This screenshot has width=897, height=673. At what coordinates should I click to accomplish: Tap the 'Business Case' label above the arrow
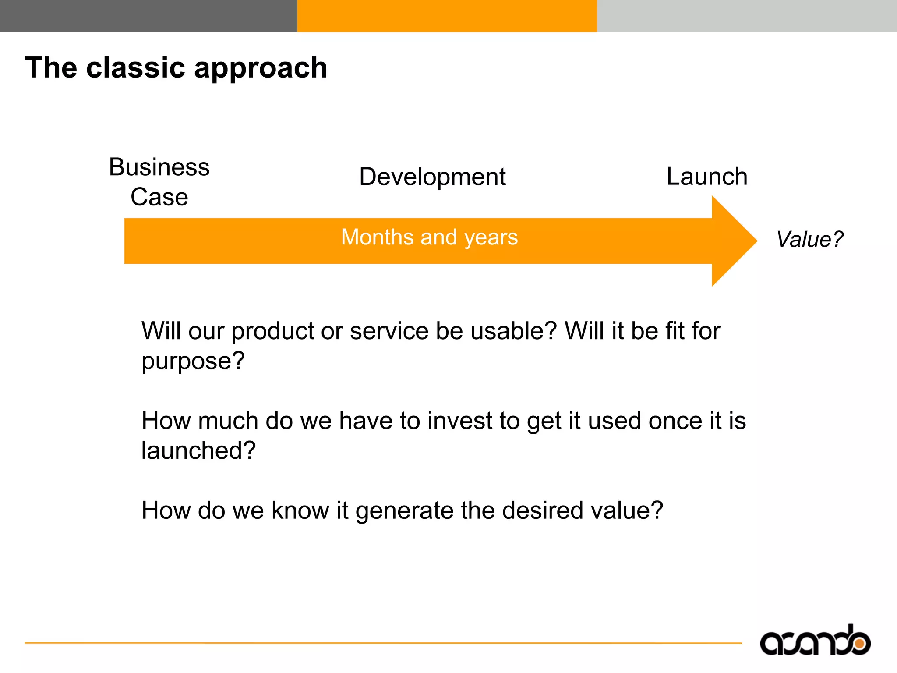[159, 181]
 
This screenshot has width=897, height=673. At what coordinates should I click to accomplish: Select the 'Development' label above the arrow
[432, 177]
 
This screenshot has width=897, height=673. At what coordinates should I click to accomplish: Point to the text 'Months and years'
[429, 237]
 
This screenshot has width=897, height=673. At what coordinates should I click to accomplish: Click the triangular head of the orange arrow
[731, 241]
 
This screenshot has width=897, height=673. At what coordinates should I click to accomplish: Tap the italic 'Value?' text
[809, 239]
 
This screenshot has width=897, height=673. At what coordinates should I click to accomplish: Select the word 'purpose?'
[193, 361]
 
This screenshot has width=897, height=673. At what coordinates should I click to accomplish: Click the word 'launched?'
[198, 450]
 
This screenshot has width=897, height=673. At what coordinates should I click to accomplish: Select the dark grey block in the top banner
[148, 16]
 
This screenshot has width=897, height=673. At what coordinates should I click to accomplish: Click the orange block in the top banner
[447, 16]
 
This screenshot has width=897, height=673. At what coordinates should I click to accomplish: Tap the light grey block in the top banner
[747, 16]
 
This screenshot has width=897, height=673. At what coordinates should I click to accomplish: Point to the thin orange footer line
[383, 643]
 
